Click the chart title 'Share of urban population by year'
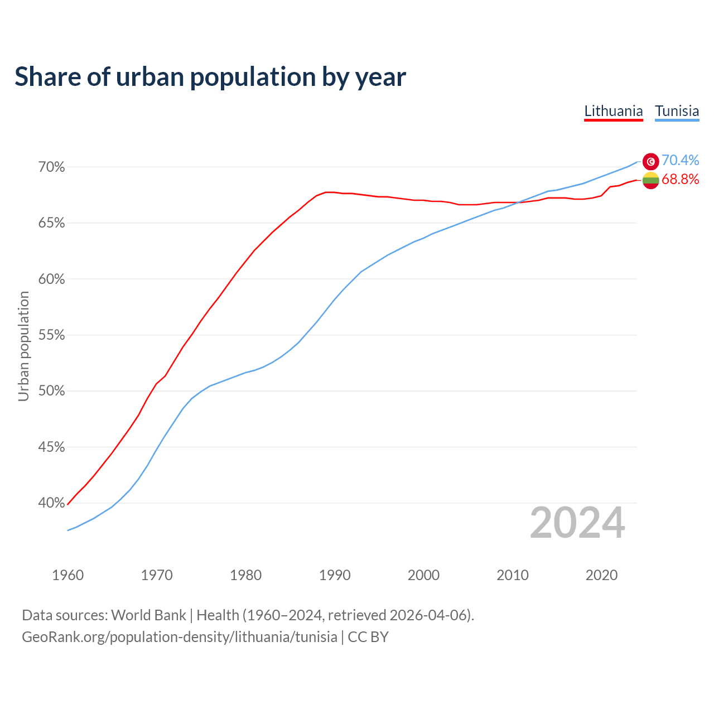click(x=210, y=77)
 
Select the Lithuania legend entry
click(x=614, y=111)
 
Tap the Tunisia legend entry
click(x=677, y=111)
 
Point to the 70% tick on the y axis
click(x=52, y=167)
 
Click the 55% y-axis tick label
click(x=52, y=335)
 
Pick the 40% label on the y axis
click(x=52, y=503)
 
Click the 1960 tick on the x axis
click(x=68, y=575)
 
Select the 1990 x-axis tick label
click(x=335, y=575)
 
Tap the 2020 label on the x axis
click(x=601, y=575)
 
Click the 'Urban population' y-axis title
click(x=23, y=346)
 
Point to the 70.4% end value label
click(x=680, y=161)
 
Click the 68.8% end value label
click(x=680, y=179)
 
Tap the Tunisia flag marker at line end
click(x=651, y=161)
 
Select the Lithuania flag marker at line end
click(x=651, y=180)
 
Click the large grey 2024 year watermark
click(x=577, y=523)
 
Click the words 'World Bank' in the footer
click(x=148, y=615)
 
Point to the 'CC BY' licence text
click(x=368, y=637)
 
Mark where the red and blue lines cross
click(x=518, y=202)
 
